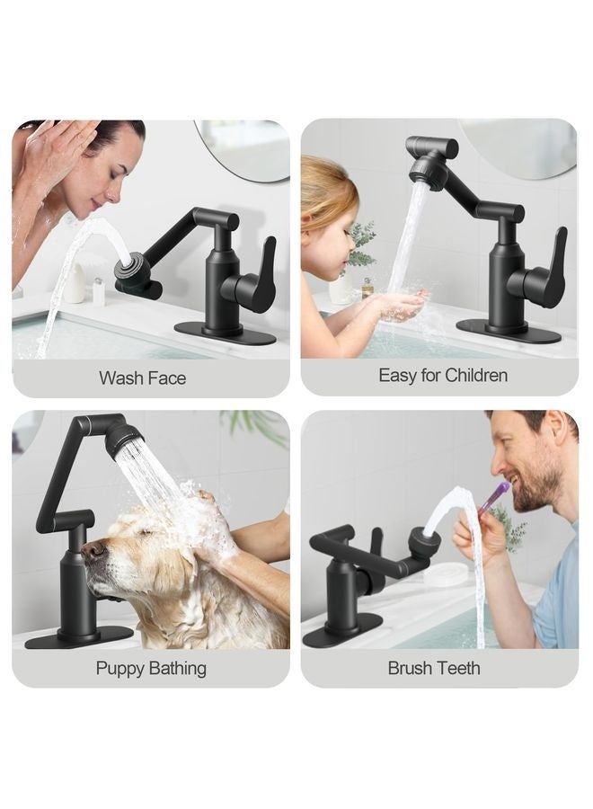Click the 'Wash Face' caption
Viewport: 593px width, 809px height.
pos(143,378)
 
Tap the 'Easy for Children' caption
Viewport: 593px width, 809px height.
pos(443,375)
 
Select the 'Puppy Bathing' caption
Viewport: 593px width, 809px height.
pos(151,668)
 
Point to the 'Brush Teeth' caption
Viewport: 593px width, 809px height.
pos(434,668)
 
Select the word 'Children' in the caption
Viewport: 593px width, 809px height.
pos(475,375)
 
